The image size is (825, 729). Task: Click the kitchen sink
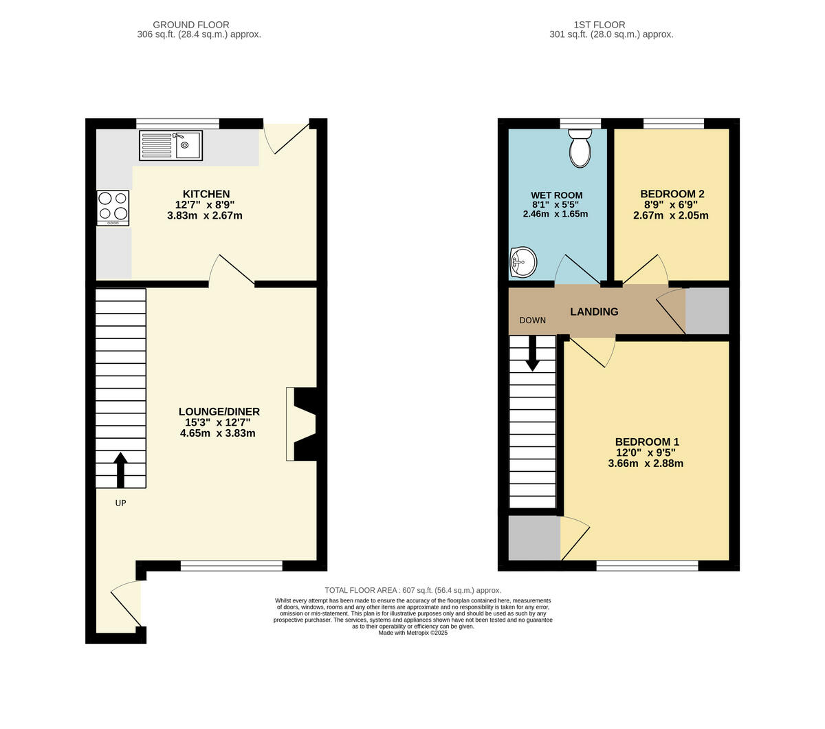click(171, 145)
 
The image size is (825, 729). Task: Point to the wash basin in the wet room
click(522, 262)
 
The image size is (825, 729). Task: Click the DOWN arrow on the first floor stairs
click(532, 354)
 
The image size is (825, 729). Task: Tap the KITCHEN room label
click(206, 194)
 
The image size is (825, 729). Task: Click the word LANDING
click(594, 312)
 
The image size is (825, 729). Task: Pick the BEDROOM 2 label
click(672, 194)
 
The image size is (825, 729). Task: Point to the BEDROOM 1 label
click(647, 442)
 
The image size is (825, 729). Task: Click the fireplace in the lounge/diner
click(302, 424)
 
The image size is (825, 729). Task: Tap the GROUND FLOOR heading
click(191, 25)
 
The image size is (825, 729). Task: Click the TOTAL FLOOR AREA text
click(412, 590)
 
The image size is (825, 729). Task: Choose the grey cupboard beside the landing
click(707, 312)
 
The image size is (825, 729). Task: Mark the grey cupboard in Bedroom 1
click(534, 537)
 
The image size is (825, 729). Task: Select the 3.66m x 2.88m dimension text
click(646, 464)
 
